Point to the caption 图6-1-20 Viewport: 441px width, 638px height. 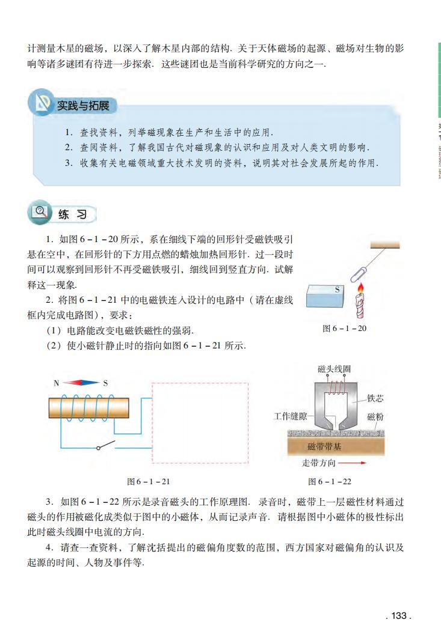tap(345, 328)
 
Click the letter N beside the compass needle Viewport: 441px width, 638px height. tap(56, 382)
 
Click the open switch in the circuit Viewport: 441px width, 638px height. tap(106, 446)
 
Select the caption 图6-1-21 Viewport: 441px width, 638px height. tap(149, 481)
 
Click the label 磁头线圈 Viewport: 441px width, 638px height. tap(334, 368)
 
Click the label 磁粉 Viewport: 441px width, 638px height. tap(375, 416)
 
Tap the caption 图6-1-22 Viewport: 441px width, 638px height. tap(330, 481)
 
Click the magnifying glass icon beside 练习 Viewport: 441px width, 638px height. tap(41, 212)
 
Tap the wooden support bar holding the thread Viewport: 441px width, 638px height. tap(385, 245)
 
